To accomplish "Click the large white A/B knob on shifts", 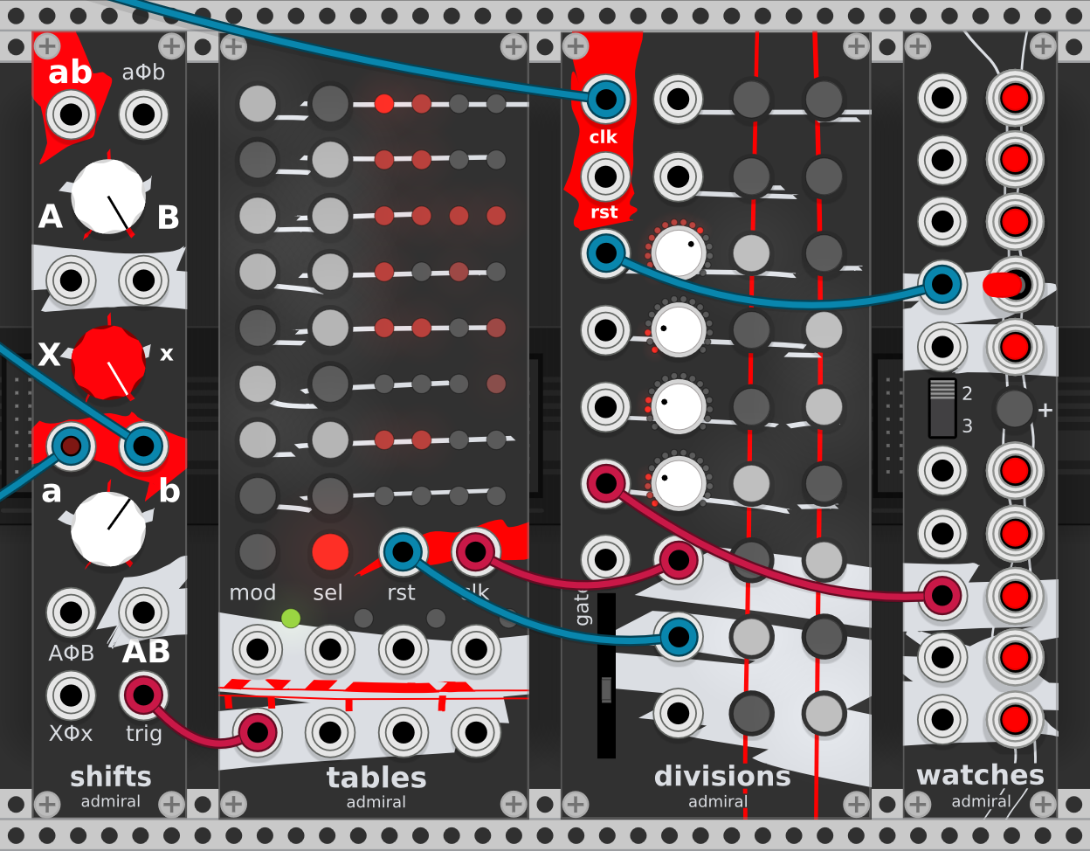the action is (108, 197).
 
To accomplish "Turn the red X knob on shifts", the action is (108, 361).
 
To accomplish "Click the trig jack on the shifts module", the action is (144, 695).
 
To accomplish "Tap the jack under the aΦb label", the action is (144, 114).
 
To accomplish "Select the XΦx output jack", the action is (71, 695).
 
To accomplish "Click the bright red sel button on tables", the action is (330, 552).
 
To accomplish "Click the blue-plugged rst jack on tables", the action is (403, 552).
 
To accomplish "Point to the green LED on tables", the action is (291, 619).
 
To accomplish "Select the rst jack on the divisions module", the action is (605, 176).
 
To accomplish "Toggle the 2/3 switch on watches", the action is (942, 407).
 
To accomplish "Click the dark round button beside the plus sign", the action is (1015, 408).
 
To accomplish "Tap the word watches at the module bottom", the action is (980, 775).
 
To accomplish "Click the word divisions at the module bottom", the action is (722, 776).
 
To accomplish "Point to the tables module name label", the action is (376, 777).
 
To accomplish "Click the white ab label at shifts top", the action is (70, 73).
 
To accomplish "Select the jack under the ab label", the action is (71, 114).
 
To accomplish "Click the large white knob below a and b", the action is (108, 529).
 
